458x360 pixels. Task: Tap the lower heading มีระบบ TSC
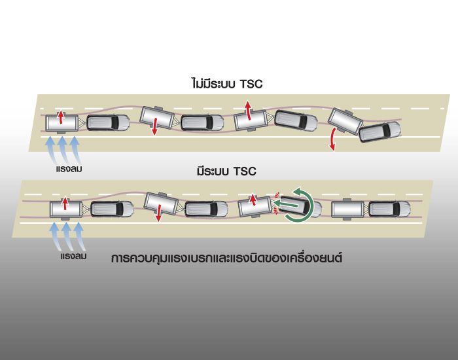pyautogui.click(x=226, y=171)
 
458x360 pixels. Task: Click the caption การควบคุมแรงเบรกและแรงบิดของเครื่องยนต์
pyautogui.click(x=227, y=258)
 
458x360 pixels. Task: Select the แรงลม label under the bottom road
pyautogui.click(x=70, y=257)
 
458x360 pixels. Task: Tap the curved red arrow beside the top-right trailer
pyautogui.click(x=334, y=139)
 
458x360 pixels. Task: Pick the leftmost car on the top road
pyautogui.click(x=108, y=122)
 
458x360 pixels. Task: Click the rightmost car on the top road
pyautogui.click(x=379, y=131)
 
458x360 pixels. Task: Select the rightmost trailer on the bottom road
pyautogui.click(x=347, y=209)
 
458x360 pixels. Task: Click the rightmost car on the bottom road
pyautogui.click(x=389, y=209)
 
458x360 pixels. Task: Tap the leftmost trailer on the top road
pyautogui.click(x=61, y=122)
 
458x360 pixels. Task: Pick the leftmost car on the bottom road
pyautogui.click(x=112, y=209)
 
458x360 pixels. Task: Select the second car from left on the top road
pyautogui.click(x=203, y=122)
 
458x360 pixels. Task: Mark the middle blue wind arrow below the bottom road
pyautogui.click(x=66, y=236)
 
